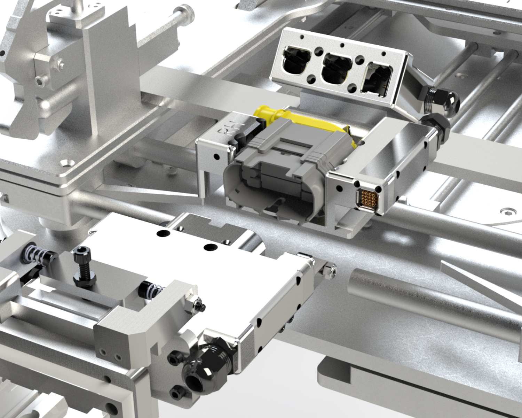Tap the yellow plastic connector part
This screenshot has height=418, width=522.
coord(268,114)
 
